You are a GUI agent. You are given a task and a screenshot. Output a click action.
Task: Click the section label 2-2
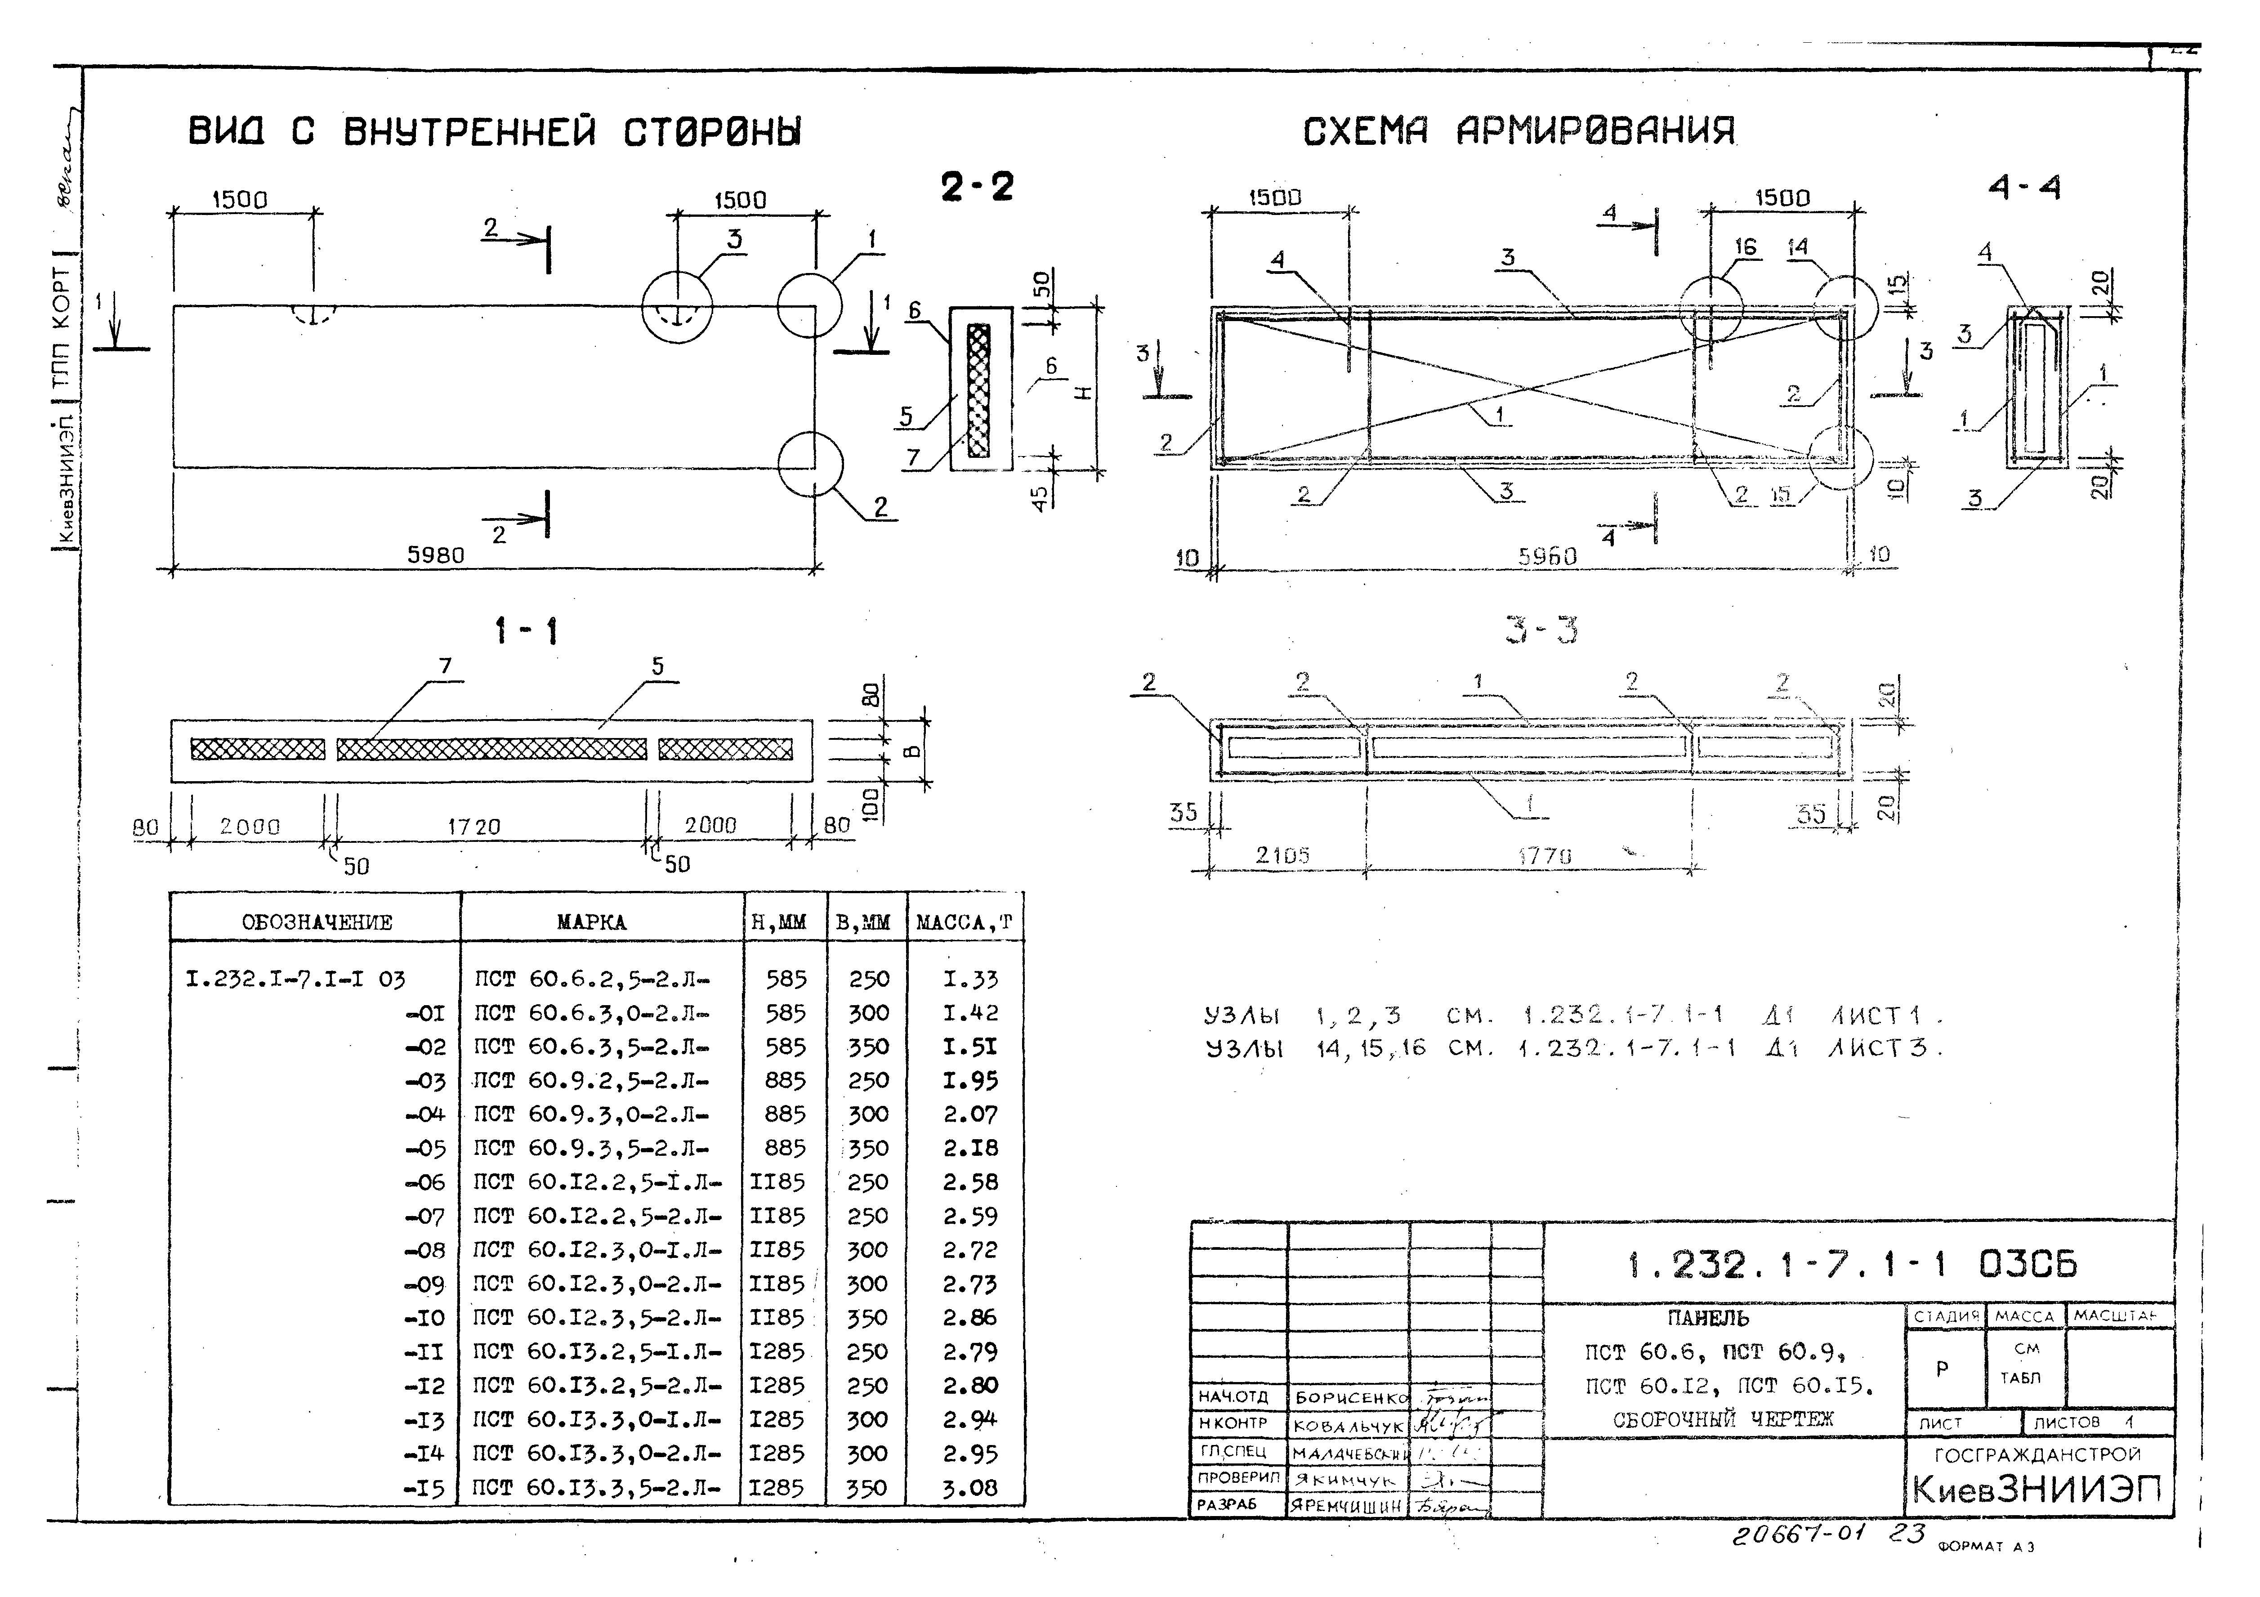tap(977, 186)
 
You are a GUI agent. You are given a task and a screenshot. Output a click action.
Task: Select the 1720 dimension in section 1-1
tap(474, 827)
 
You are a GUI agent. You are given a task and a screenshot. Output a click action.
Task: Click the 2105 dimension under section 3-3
tap(1282, 855)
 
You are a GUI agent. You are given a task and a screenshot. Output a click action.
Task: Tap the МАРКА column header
tap(590, 922)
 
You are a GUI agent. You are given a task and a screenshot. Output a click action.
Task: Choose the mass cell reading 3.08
tap(969, 1488)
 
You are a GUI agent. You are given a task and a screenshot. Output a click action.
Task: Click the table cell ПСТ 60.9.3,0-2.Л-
tap(592, 1114)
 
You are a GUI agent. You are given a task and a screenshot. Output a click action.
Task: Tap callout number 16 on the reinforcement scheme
tap(1745, 247)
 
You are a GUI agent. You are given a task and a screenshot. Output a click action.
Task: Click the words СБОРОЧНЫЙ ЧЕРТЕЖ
tap(1723, 1419)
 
